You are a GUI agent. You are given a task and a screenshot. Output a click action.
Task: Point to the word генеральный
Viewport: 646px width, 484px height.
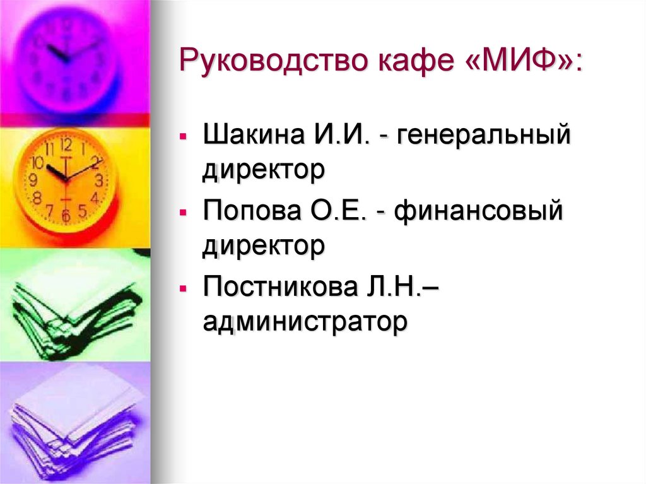pos(484,136)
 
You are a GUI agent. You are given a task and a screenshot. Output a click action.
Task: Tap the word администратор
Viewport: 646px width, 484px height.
pos(305,322)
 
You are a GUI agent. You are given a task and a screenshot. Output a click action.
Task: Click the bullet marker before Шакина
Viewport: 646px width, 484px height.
pos(182,137)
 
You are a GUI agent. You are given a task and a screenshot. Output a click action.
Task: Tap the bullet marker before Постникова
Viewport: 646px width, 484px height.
pos(182,290)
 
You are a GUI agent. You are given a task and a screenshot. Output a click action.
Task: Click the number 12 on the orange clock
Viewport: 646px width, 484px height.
pos(66,144)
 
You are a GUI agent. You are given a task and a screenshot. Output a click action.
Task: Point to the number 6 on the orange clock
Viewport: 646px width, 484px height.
pos(65,216)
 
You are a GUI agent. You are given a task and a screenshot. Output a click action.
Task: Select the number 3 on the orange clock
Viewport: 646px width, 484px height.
pos(99,180)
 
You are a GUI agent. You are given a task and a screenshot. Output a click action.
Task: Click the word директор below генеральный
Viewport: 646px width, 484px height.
pos(264,170)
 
